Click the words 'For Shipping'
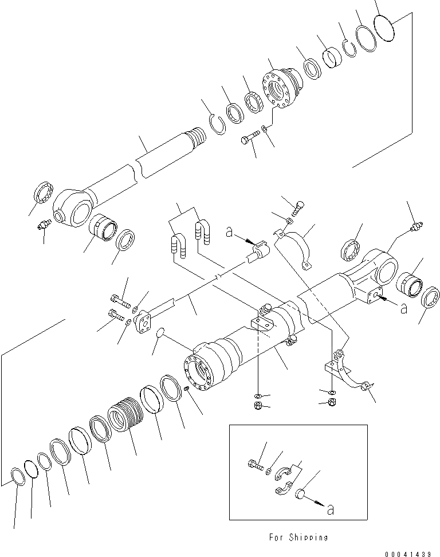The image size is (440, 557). [298, 538]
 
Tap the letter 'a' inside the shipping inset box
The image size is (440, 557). [329, 509]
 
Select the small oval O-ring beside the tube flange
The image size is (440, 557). [160, 332]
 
